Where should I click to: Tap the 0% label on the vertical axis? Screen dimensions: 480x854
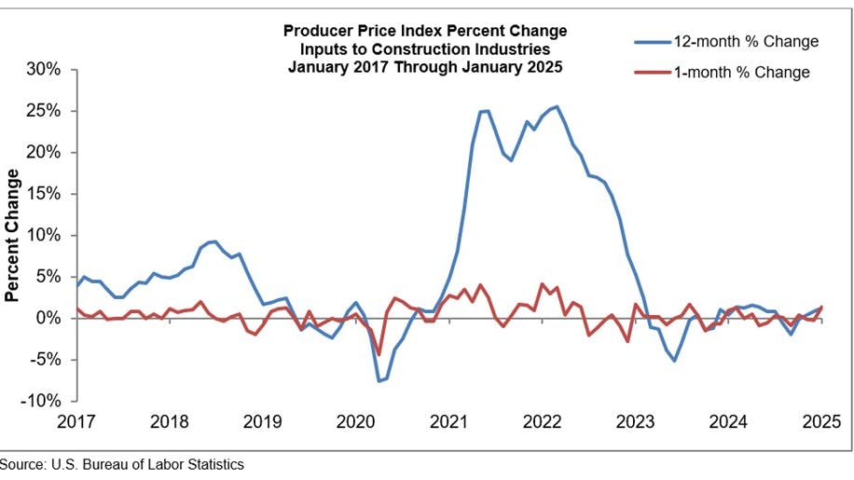(x=48, y=318)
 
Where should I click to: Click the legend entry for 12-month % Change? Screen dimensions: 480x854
(x=737, y=41)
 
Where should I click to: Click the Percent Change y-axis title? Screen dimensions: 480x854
(x=13, y=235)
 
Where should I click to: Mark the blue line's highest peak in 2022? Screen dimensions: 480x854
(x=557, y=106)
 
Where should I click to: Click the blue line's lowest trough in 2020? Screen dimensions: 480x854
(x=379, y=381)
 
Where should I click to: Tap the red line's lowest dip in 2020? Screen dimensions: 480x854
(x=379, y=355)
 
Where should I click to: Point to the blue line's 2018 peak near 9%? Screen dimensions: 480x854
(x=215, y=241)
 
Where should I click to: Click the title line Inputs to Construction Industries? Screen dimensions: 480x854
(x=424, y=48)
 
